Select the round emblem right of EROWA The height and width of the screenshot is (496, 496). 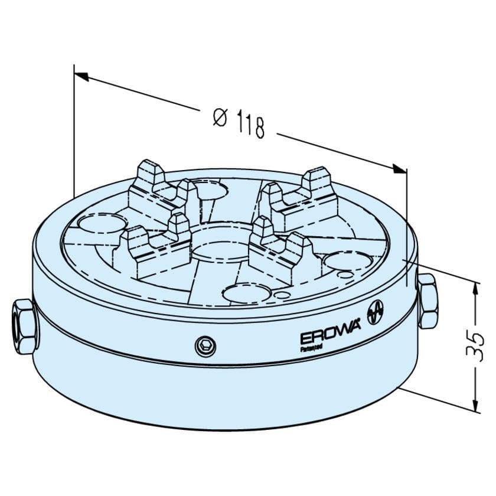[376, 311]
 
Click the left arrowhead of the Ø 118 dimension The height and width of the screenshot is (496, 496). [81, 76]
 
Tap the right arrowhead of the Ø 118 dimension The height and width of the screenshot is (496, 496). [400, 169]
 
